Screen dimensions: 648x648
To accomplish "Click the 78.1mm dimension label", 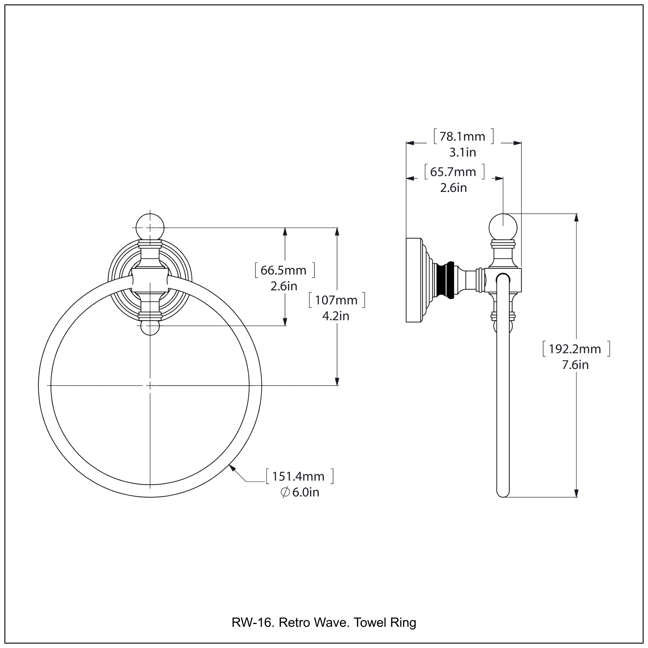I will click(x=462, y=137).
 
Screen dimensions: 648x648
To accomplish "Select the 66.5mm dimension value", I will click(x=284, y=270).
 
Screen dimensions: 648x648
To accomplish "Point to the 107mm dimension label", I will click(x=336, y=300).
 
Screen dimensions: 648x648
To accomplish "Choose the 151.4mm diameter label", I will click(x=298, y=476).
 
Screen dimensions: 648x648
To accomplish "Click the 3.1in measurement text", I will click(x=462, y=153).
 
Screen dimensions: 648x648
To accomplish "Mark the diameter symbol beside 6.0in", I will click(x=285, y=492).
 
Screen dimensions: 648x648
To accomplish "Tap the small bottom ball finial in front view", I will click(x=150, y=328).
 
